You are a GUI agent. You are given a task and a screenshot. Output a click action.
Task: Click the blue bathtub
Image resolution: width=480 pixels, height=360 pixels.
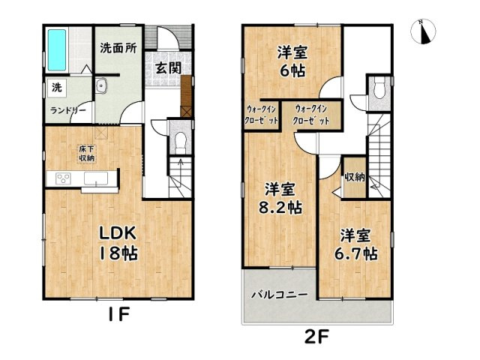[x=57, y=50]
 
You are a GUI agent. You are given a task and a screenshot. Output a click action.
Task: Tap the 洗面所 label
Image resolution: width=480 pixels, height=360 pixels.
[x=118, y=48]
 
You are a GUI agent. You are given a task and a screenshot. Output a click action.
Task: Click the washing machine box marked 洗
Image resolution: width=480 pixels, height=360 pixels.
[x=56, y=88]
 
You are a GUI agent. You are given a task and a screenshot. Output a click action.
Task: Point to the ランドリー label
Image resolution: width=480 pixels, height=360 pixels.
[x=68, y=110]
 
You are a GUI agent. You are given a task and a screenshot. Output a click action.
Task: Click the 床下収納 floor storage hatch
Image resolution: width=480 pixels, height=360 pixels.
[x=87, y=154]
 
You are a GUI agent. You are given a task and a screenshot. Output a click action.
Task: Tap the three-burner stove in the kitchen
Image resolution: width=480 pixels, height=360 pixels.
[x=63, y=178]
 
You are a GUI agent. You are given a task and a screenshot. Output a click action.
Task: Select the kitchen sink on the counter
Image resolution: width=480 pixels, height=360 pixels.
[x=96, y=178]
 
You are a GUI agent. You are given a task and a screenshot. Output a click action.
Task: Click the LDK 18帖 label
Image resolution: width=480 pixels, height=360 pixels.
[x=118, y=244]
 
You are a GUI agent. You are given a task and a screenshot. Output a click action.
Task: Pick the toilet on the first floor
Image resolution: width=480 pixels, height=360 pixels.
[x=181, y=141]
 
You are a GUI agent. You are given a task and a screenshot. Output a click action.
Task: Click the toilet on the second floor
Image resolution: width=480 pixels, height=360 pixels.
[x=379, y=88]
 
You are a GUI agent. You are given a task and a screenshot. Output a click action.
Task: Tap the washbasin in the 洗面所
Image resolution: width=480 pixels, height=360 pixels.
[x=100, y=85]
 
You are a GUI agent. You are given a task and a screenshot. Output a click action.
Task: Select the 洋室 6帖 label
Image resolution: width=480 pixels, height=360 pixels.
[x=292, y=61]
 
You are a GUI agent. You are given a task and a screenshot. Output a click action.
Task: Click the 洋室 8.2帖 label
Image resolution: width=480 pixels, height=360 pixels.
[x=280, y=199]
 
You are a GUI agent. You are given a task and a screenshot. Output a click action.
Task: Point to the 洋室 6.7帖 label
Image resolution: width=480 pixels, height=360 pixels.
[x=355, y=244]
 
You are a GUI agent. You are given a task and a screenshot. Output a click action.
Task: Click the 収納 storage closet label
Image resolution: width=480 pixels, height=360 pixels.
[x=355, y=177]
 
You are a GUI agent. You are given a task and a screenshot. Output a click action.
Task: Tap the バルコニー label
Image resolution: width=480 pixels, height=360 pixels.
[x=279, y=295]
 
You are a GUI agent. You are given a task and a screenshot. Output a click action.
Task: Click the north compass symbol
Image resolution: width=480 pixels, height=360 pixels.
[x=423, y=31]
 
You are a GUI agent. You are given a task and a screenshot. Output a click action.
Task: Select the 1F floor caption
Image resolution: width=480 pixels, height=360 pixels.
[x=119, y=314]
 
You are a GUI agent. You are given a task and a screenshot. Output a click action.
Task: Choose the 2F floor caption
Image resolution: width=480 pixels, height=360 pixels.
[x=316, y=337]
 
